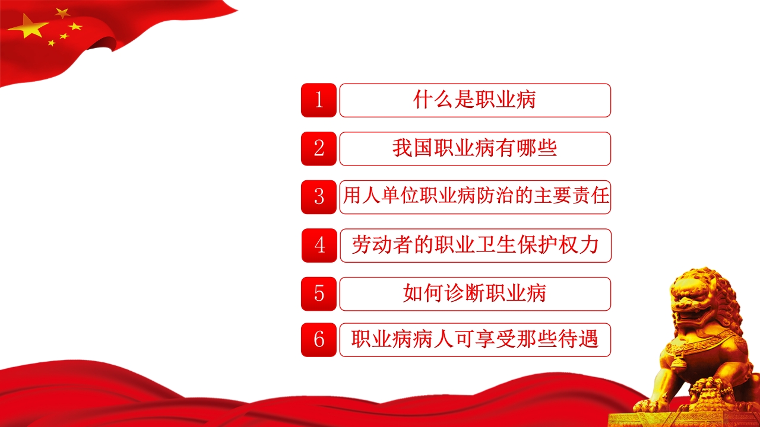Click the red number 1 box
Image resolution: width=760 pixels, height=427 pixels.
tap(319, 100)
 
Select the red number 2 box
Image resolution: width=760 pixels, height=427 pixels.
tap(319, 148)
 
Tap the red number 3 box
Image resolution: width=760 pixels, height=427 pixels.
tap(319, 197)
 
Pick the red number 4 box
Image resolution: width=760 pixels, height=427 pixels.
tap(319, 245)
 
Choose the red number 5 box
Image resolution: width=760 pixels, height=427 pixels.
tap(319, 294)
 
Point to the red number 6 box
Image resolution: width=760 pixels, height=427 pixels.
tap(319, 340)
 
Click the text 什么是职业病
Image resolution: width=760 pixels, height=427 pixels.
tap(474, 100)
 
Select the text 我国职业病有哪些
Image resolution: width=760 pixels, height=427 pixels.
tap(474, 148)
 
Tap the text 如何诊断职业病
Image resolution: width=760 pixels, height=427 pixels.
tap(474, 294)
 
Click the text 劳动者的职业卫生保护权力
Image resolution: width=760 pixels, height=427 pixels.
tap(474, 245)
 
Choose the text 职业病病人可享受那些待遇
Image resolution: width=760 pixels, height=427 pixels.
tap(474, 340)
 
